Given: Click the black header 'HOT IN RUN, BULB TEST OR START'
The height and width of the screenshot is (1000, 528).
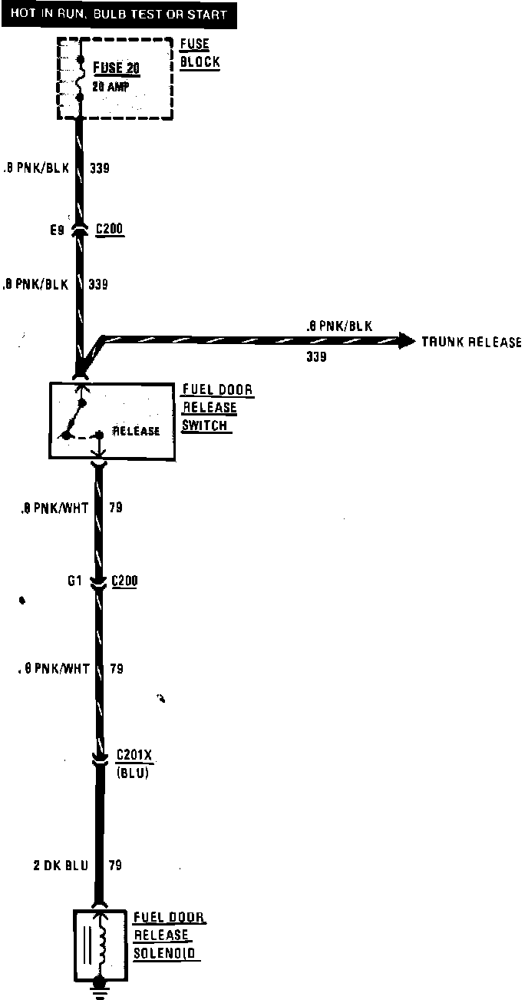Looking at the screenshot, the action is [119, 14].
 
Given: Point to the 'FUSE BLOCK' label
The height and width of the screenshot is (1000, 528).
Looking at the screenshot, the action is [199, 54].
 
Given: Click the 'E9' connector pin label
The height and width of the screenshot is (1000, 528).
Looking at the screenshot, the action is [58, 229].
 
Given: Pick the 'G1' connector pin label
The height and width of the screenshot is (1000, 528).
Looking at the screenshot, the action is [74, 581].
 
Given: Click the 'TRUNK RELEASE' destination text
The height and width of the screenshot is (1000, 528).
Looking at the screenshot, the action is [471, 342].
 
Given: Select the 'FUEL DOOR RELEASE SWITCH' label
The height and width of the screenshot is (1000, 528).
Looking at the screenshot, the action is [216, 407].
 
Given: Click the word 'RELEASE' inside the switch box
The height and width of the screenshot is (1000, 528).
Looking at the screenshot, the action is [137, 431].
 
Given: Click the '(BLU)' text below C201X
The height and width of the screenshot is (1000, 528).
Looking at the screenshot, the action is [133, 773].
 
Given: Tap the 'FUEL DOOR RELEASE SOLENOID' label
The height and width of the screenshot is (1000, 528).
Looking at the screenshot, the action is [169, 935].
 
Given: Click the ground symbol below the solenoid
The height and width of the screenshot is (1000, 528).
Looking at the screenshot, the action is [97, 990].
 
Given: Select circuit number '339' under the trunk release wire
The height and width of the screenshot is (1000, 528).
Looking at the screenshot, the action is [317, 357].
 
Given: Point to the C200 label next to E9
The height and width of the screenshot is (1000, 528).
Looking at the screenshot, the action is [110, 229].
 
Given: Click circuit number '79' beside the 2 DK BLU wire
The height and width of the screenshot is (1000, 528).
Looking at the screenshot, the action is [116, 866].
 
